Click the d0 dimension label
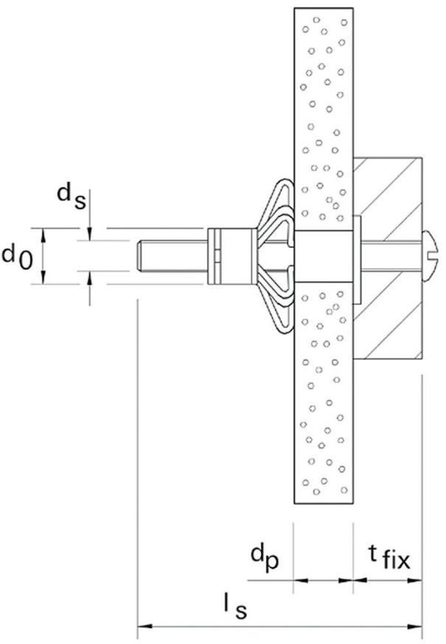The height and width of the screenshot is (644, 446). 17,257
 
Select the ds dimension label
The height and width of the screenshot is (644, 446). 72,196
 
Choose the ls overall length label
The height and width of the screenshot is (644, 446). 235,606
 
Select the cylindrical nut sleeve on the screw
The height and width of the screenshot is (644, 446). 230,256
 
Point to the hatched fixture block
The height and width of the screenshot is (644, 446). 388,258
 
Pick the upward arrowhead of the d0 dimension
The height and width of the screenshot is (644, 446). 44,235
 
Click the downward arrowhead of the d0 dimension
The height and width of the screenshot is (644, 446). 44,277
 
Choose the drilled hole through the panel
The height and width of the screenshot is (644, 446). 324,256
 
